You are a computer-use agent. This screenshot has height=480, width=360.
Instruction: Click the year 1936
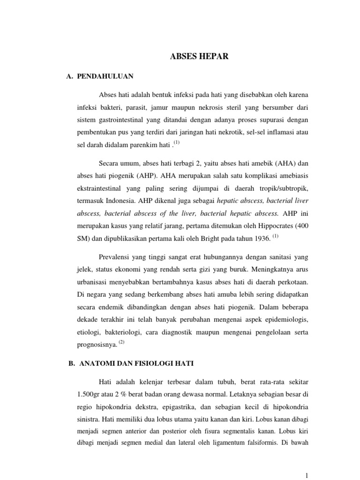point(260,239)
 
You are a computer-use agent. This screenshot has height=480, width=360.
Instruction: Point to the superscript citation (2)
point(121,342)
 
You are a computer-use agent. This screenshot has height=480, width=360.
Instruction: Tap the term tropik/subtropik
point(282,188)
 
